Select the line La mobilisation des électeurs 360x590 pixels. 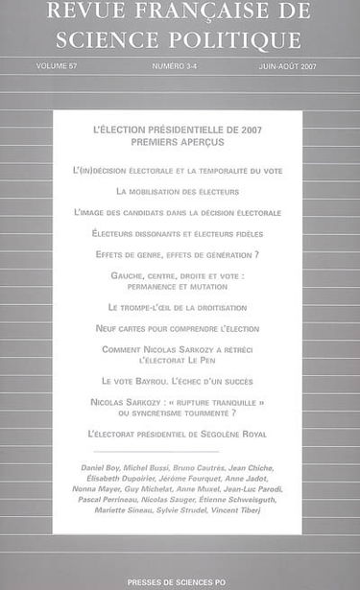click(x=178, y=191)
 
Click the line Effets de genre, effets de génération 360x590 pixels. click(x=178, y=254)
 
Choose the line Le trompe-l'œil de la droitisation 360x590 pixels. click(x=178, y=307)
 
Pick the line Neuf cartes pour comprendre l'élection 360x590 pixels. click(x=178, y=328)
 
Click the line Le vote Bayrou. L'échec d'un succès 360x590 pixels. click(x=178, y=381)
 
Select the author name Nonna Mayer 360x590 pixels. click(x=92, y=489)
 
